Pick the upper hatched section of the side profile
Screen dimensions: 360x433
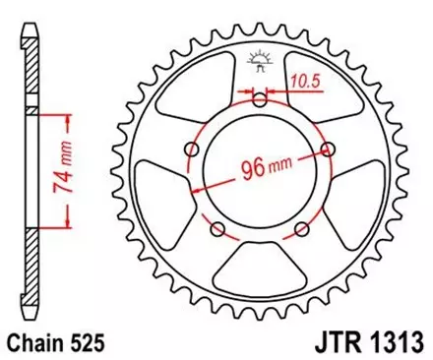click(x=29, y=79)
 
